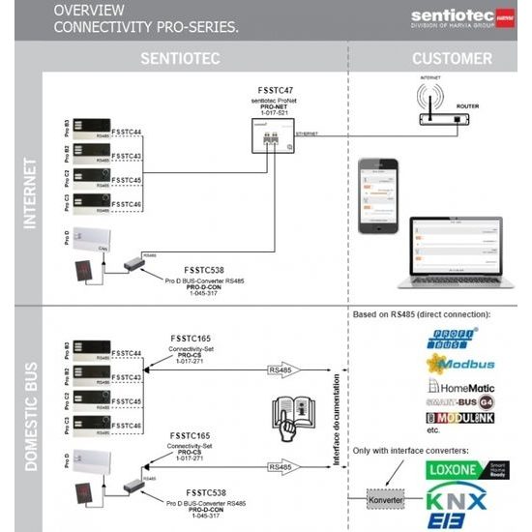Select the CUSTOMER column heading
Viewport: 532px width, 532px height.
pos(452,58)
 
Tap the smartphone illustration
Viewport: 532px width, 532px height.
pos(373,196)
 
